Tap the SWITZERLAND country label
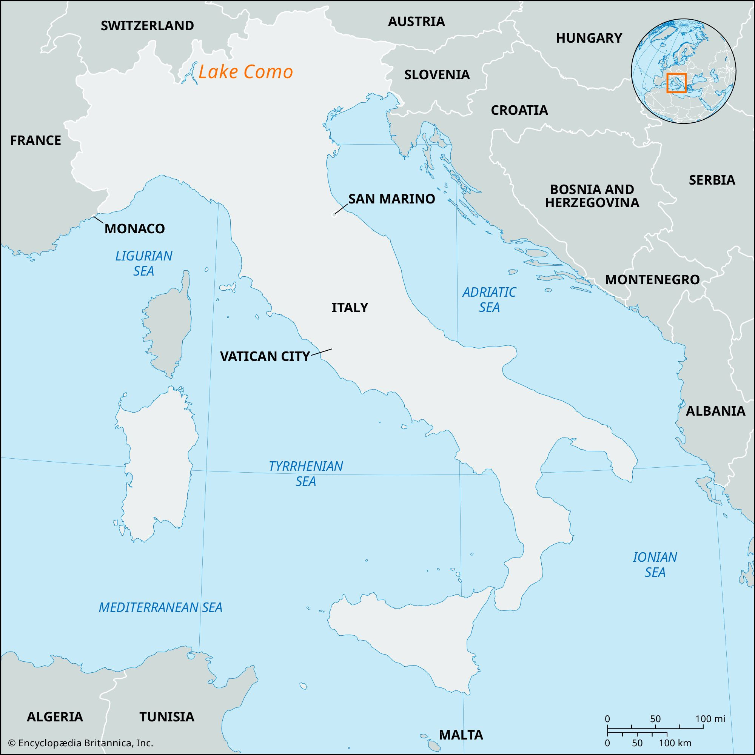click(147, 26)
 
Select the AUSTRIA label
click(416, 22)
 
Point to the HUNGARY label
click(589, 38)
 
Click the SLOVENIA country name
click(437, 75)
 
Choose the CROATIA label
click(519, 110)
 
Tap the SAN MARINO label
click(391, 199)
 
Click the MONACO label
click(134, 229)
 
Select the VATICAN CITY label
click(265, 356)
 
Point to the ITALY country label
click(350, 308)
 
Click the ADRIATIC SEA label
click(489, 299)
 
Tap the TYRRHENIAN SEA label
click(306, 473)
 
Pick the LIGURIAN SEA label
click(144, 263)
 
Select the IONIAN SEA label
click(655, 565)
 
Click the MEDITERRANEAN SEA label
click(160, 607)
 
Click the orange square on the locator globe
click(676, 83)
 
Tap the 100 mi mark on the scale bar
click(710, 719)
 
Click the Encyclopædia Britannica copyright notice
click(80, 743)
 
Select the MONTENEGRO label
click(652, 279)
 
